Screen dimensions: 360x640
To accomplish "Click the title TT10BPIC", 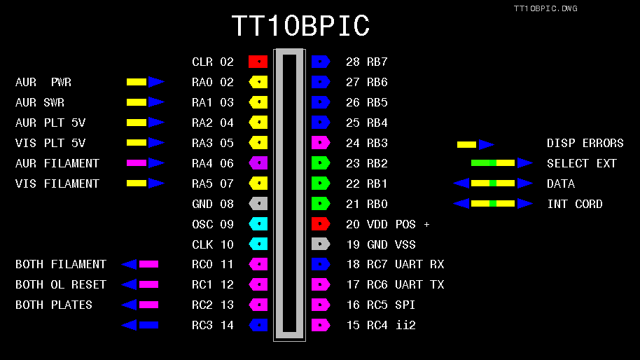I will click(x=300, y=27).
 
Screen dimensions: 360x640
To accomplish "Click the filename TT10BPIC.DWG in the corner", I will click(x=545, y=8).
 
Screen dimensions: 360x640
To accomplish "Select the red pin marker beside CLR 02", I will click(x=258, y=62).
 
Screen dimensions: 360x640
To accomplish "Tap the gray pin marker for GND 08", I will click(x=258, y=204).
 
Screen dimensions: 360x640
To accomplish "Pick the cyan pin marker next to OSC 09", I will click(x=258, y=224).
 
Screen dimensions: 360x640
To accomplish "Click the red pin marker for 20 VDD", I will click(x=321, y=224).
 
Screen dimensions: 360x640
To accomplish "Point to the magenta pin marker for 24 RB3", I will click(x=321, y=143).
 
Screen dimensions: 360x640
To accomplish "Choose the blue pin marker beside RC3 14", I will click(x=258, y=325).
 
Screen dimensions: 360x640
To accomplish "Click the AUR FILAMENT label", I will click(x=57, y=163).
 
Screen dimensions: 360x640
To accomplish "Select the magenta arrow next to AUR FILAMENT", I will click(x=145, y=163).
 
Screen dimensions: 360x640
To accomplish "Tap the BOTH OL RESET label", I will click(x=61, y=284).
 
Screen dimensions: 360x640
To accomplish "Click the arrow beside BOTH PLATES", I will click(x=140, y=305).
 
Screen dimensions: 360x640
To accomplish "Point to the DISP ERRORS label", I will click(x=585, y=143).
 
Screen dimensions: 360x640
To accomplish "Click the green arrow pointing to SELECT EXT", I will click(x=501, y=163).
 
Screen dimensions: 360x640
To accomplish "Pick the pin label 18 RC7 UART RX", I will click(x=395, y=264).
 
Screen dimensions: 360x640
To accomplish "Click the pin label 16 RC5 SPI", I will click(x=382, y=305).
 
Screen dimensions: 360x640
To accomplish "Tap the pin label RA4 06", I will click(x=213, y=163).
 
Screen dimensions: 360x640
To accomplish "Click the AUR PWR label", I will click(x=43, y=82).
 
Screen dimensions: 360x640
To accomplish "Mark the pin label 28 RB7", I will click(x=367, y=62).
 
